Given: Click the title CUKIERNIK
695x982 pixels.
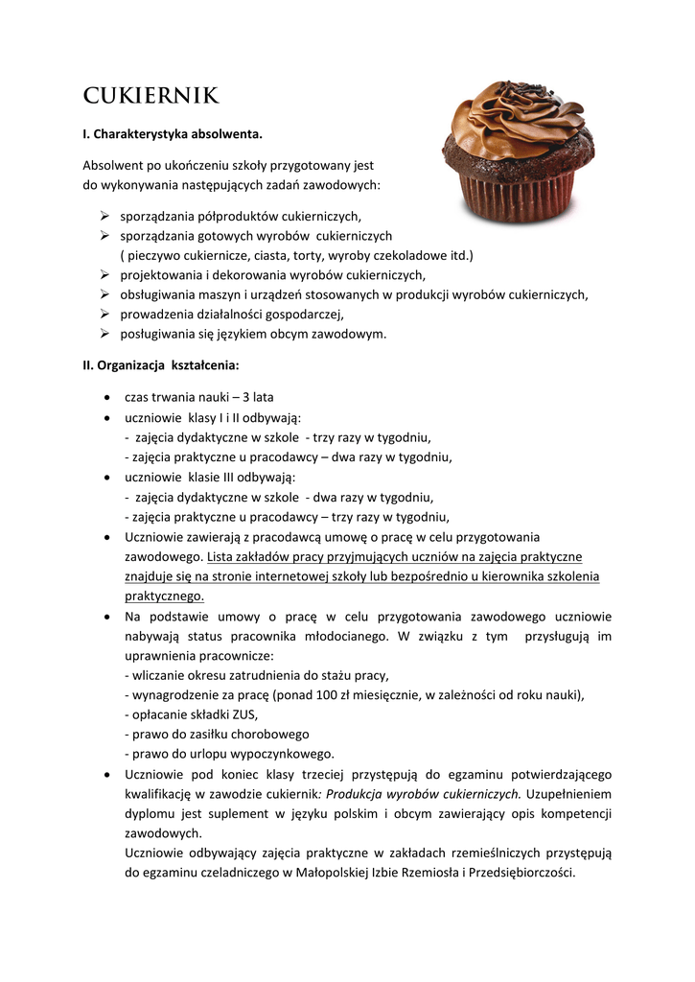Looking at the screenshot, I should tap(151, 96).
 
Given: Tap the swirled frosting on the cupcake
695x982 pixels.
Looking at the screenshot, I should tap(519, 120).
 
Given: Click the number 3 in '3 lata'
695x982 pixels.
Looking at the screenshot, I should tap(246, 397).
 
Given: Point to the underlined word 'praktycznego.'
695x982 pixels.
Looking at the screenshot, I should tap(165, 596).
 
